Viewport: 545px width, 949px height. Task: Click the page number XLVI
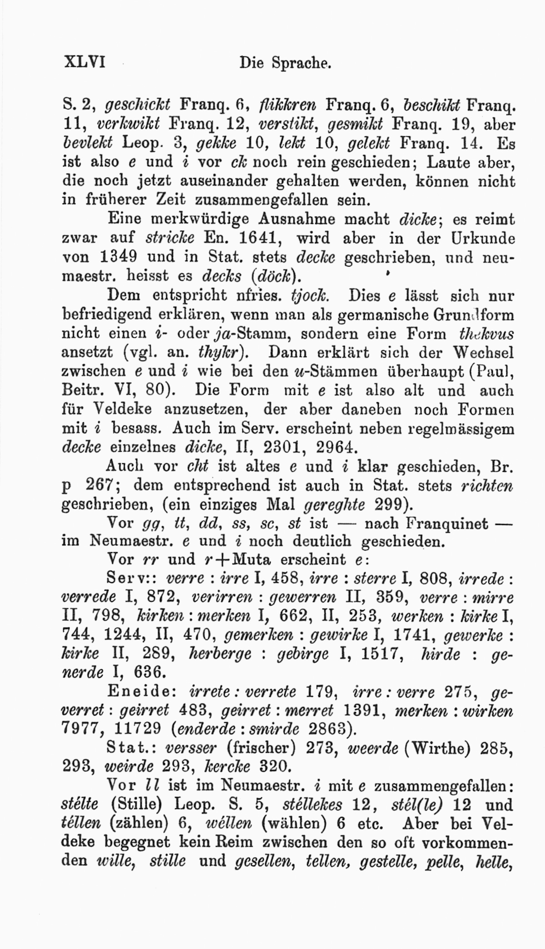coord(85,61)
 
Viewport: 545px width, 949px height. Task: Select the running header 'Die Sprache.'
coord(285,62)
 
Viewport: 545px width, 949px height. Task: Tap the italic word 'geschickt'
coord(137,105)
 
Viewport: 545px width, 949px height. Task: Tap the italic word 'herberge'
coord(220,654)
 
